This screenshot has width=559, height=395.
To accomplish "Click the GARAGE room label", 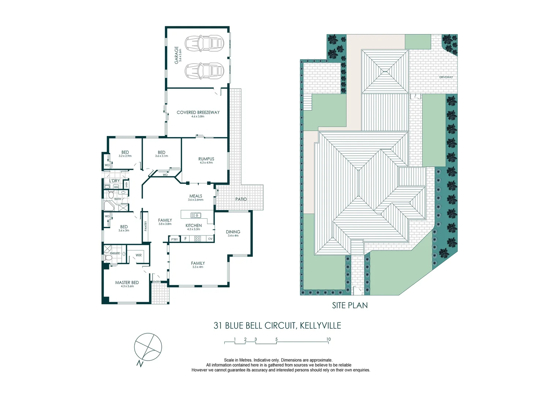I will [177, 55].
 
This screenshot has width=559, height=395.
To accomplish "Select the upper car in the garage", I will [204, 43].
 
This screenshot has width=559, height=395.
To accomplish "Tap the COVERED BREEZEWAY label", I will [198, 113].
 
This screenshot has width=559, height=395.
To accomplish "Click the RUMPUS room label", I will [206, 159].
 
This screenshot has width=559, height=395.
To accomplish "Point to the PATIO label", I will [241, 199].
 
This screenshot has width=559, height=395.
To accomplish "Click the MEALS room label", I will [196, 196].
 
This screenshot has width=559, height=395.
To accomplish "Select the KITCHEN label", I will [194, 226].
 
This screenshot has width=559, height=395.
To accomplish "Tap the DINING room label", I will [233, 232].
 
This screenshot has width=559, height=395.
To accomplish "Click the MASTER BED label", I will [127, 283].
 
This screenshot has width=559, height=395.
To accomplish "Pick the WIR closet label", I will [139, 255].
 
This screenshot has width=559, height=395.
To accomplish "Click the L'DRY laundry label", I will [115, 181].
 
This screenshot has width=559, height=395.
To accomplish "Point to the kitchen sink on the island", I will [196, 215].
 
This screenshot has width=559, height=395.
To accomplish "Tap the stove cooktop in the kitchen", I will [198, 239].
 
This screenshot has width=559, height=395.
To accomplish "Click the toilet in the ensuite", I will [108, 258].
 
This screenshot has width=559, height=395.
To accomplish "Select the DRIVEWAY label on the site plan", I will [446, 77].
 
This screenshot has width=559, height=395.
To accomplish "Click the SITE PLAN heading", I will [350, 305].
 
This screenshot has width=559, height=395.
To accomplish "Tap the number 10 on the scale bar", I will [329, 339].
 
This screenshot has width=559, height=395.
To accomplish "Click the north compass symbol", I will [148, 347].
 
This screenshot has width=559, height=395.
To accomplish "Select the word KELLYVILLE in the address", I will [320, 326].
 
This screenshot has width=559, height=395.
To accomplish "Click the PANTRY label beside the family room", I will [146, 226].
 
